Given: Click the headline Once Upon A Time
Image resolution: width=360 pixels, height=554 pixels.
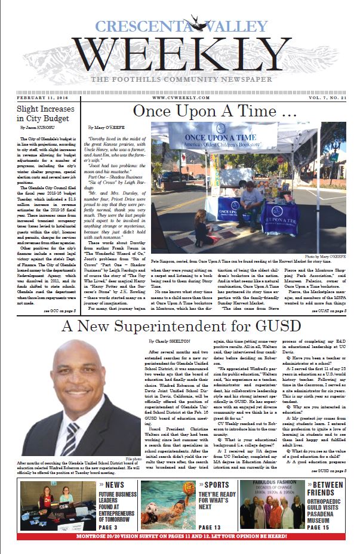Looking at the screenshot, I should pos(214,112).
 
